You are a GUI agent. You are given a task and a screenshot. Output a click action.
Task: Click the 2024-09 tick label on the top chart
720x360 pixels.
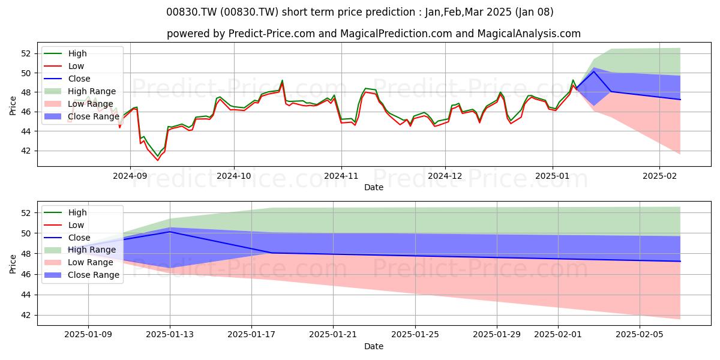tap(130, 176)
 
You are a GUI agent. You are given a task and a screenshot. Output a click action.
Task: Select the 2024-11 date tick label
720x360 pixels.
tap(341, 176)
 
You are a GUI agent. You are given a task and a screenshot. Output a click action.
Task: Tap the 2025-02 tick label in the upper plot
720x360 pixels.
tap(659, 176)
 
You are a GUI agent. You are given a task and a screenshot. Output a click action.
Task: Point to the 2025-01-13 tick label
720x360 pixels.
tap(170, 335)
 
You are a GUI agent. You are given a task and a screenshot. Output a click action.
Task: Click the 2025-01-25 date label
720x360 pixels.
tap(415, 335)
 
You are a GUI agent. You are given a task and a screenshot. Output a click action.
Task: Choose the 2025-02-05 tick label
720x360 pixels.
tap(640, 335)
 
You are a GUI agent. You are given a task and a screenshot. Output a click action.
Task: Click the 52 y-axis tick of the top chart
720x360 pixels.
tap(26, 53)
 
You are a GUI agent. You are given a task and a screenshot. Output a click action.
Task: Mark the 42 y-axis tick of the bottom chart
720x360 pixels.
tap(26, 316)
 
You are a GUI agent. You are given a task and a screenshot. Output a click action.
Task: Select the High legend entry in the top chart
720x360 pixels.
tap(77, 53)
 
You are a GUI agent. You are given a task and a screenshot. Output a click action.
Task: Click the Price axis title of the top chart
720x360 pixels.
tap(13, 106)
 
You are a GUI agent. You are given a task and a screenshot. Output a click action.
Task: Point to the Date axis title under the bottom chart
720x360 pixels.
tap(373, 346)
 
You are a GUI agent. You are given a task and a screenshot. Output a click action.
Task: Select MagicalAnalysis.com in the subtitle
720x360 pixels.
tap(529, 34)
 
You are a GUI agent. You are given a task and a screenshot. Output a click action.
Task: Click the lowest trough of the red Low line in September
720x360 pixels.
tap(158, 160)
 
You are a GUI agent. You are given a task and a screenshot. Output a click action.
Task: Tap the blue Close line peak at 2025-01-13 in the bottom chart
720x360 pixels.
tap(170, 232)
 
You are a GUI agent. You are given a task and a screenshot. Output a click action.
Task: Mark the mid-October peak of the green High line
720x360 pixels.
tap(282, 80)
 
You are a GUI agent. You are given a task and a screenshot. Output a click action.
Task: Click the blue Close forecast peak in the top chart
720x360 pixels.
tap(593, 71)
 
